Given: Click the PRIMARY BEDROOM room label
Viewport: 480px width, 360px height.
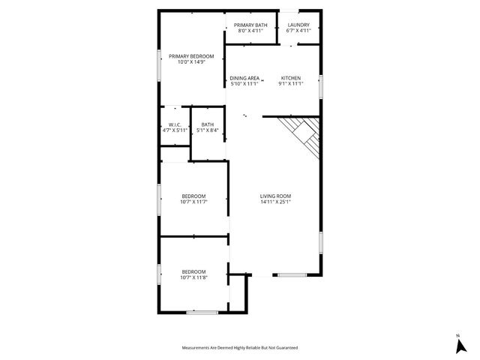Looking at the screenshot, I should click(191, 56).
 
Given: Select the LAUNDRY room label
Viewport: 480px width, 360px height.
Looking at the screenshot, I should click(298, 25).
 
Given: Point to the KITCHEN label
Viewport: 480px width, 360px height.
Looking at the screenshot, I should click(291, 78).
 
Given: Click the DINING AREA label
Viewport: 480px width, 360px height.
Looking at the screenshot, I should click(244, 78).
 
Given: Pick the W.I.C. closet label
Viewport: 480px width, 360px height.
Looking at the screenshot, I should click(174, 124).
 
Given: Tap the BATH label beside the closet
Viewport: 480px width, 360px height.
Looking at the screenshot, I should click(208, 124).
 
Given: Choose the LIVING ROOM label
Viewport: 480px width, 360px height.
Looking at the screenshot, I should click(275, 196).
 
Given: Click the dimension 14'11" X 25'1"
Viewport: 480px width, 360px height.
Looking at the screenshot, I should click(275, 202).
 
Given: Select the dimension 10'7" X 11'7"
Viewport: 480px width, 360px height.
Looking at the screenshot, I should click(193, 202).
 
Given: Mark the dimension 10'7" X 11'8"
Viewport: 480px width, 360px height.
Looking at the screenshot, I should click(193, 277).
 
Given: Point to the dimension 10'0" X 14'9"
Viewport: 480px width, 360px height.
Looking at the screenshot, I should click(191, 62).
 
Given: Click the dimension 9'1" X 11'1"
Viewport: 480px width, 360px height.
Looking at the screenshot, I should click(291, 84).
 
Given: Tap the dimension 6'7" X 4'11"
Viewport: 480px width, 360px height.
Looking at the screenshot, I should click(298, 31).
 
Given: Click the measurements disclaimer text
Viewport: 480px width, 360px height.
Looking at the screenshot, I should click(240, 348).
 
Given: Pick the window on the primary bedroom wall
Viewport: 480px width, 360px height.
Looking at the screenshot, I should click(158, 63).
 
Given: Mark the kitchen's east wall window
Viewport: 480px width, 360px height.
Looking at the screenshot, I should click(320, 85).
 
